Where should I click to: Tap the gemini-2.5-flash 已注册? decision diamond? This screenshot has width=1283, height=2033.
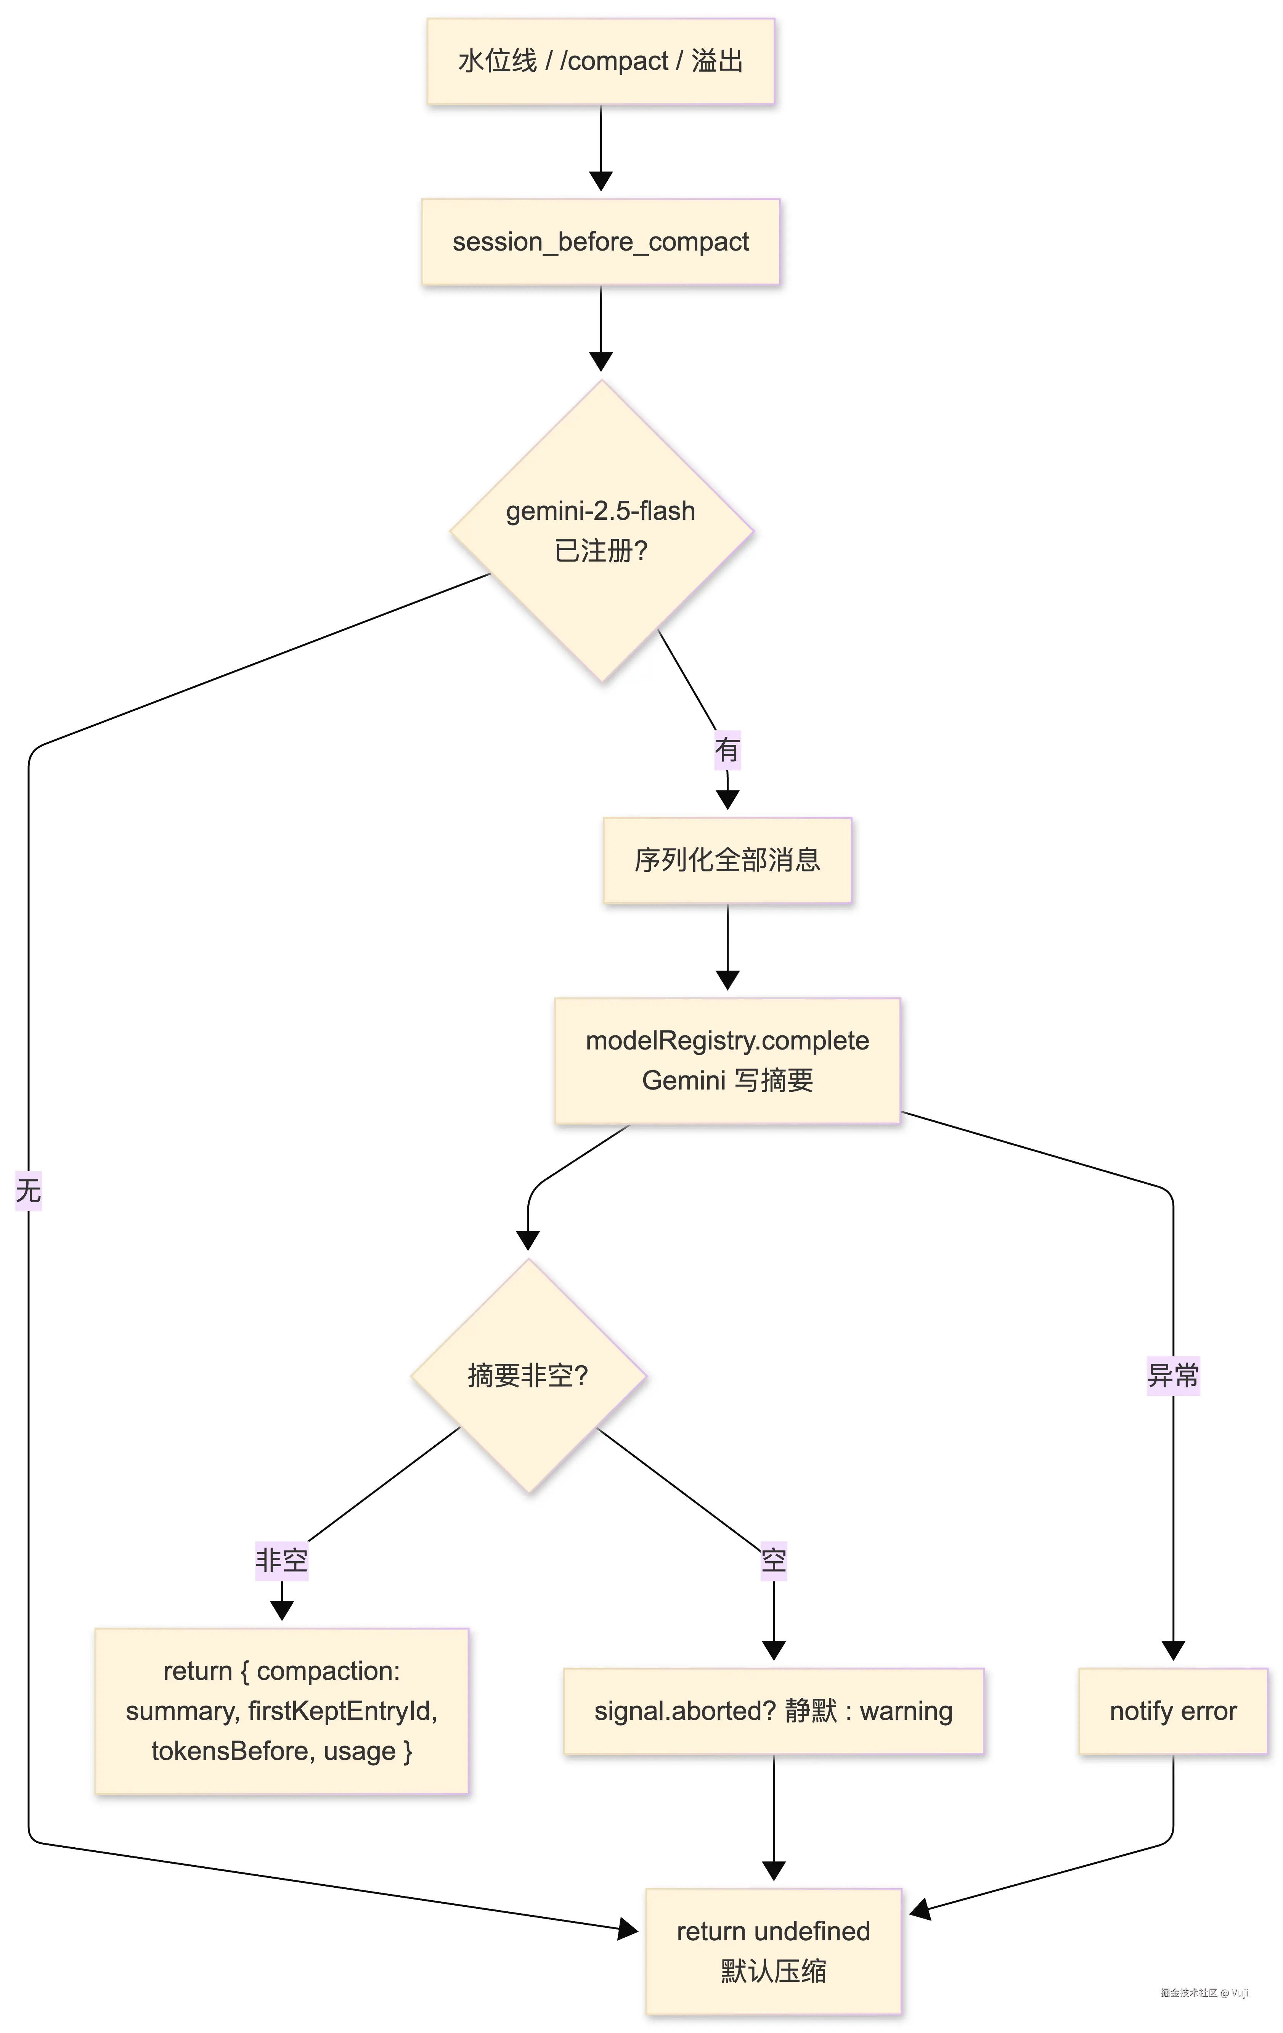point(601,531)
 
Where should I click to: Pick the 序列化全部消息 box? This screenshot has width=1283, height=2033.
point(727,860)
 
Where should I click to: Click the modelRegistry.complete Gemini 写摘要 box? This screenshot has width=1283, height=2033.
point(727,1061)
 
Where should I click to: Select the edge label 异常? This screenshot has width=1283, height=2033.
point(1172,1375)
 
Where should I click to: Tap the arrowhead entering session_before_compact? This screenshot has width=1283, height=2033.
point(601,181)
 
